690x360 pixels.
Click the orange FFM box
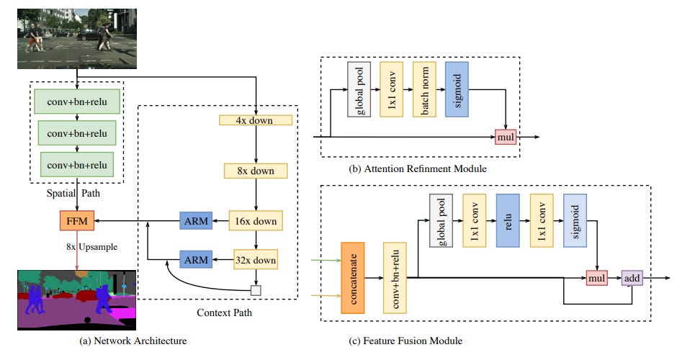76,221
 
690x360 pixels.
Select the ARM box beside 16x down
194,221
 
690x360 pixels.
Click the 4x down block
256,120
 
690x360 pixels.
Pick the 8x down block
256,171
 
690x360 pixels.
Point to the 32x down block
256,258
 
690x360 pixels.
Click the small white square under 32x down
256,290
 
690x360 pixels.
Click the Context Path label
223,312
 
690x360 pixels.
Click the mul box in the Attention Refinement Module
506,135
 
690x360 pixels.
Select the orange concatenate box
354,277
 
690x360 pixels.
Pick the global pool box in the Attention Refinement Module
358,89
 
